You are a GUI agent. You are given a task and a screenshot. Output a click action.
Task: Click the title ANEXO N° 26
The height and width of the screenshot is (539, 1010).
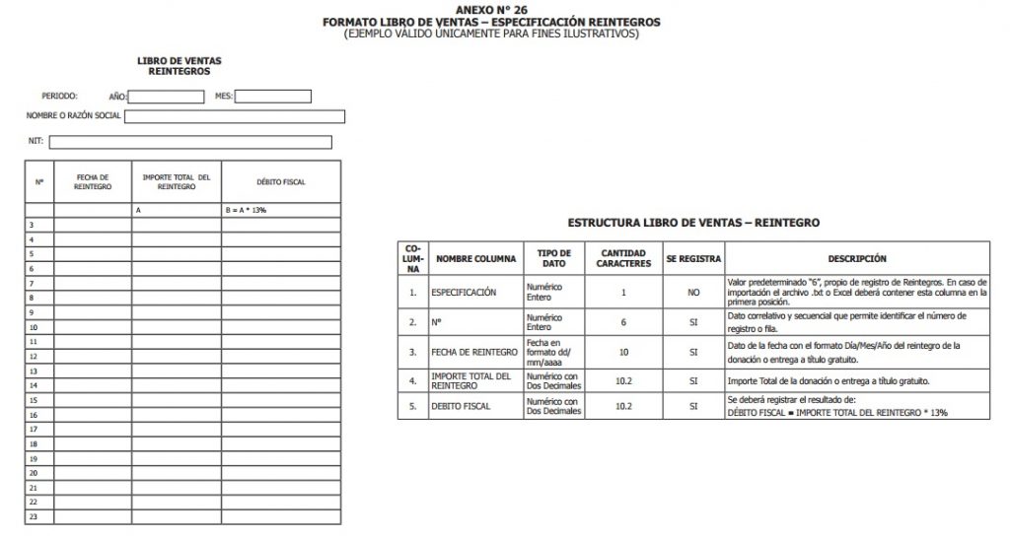491,9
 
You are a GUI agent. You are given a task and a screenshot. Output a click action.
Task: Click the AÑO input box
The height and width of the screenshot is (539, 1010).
167,97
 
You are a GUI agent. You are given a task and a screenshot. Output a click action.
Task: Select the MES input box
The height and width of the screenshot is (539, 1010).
272,97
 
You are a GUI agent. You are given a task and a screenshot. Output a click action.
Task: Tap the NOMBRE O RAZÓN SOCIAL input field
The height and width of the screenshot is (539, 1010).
234,116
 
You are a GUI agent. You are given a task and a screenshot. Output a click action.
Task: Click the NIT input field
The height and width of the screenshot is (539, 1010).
189,142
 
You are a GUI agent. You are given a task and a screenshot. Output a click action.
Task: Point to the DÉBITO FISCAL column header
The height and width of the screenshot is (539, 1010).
280,182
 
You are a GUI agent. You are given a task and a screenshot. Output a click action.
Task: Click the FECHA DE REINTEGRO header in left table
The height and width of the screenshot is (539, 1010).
93,182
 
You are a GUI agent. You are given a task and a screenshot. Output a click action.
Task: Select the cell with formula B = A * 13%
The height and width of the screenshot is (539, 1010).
280,211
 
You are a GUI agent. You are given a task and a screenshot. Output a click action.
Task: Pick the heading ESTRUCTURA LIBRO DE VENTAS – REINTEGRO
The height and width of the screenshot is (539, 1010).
693,224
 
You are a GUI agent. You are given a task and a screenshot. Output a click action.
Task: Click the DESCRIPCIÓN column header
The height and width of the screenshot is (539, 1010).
856,259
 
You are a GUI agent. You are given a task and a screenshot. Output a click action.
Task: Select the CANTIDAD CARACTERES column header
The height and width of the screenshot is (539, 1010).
623,259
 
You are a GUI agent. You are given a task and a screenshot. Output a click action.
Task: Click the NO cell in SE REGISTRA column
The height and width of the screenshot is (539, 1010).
693,293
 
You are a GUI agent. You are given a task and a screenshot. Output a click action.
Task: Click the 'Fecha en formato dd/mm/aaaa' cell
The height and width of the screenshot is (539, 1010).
554,352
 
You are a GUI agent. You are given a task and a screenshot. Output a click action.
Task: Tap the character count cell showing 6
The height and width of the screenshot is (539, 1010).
623,322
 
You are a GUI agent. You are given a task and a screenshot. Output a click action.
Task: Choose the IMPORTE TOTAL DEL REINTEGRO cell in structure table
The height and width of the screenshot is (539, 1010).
474,381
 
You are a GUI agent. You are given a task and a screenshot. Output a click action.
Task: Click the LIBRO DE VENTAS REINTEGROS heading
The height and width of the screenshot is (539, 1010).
179,66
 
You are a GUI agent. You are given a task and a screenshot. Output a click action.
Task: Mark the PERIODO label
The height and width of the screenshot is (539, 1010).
59,97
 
